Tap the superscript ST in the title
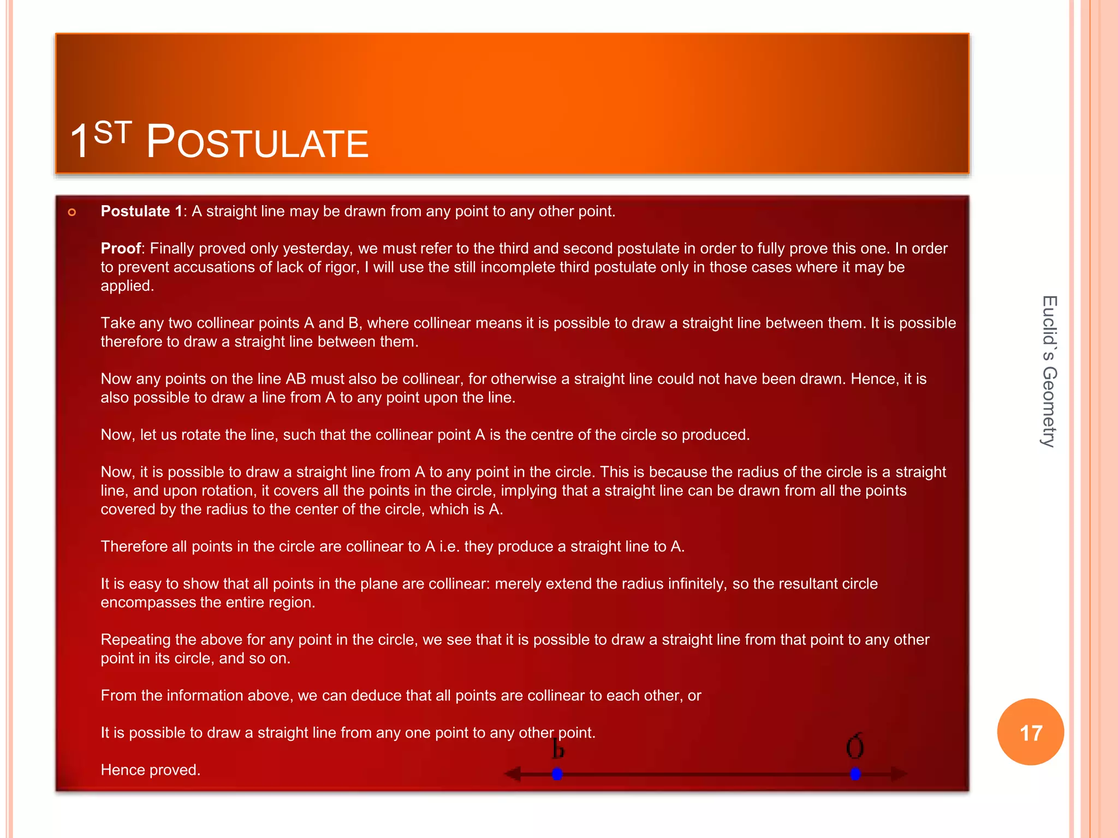pos(112,133)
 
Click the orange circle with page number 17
pos(1030,732)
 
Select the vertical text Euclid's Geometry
pos(1049,372)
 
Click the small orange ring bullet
pos(72,212)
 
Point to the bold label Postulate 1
pos(141,211)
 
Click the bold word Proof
pos(121,249)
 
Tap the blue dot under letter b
pos(557,774)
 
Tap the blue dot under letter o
pos(855,774)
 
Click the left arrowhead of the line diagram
pos(512,774)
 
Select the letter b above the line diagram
pos(557,749)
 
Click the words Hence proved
pos(151,770)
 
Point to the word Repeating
pos(135,639)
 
